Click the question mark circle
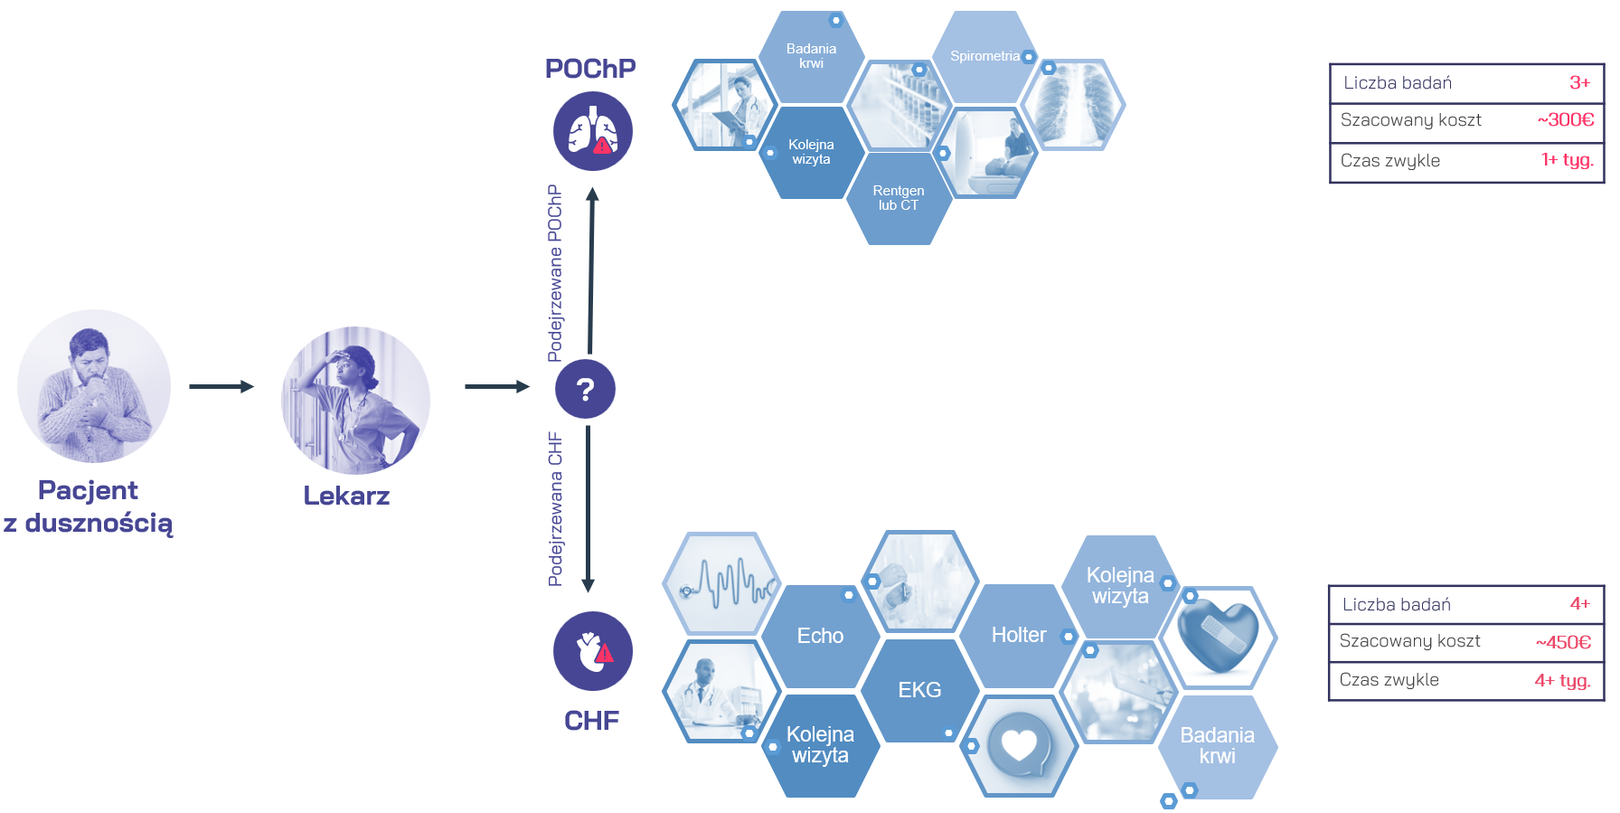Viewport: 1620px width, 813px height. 585,389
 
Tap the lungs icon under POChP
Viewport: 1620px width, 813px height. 592,131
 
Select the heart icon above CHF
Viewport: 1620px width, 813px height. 592,651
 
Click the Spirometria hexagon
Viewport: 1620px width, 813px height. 985,56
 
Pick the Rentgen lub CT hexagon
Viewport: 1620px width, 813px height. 899,198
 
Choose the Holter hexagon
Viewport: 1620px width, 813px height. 1019,635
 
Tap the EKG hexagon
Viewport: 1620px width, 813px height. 919,690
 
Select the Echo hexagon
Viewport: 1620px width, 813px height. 820,636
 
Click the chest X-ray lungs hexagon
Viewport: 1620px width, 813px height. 1072,105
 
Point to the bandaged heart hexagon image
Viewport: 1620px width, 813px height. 1218,638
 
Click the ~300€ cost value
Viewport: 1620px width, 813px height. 1566,119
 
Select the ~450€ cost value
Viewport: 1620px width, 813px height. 1563,642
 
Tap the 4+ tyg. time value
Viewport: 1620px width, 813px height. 1562,680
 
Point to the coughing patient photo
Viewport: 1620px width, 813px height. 94,386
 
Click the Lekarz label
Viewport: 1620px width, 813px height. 346,496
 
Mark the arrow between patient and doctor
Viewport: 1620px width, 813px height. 221,386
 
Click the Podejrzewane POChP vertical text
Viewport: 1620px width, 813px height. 555,273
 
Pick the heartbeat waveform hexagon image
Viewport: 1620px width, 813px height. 721,583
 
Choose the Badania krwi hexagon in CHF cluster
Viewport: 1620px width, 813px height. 1217,746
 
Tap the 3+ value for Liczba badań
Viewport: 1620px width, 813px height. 1579,82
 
